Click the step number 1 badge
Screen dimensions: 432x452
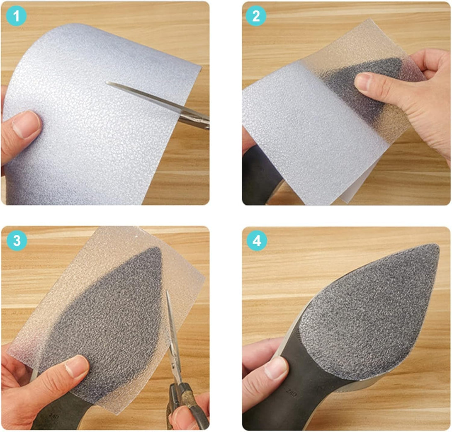pos(17,17)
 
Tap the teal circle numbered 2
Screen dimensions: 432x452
pos(256,17)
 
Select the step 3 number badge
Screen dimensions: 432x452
pos(17,241)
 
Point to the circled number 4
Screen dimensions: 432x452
pos(257,241)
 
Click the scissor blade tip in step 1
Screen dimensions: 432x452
pos(107,83)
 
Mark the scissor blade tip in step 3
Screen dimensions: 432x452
pos(168,292)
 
